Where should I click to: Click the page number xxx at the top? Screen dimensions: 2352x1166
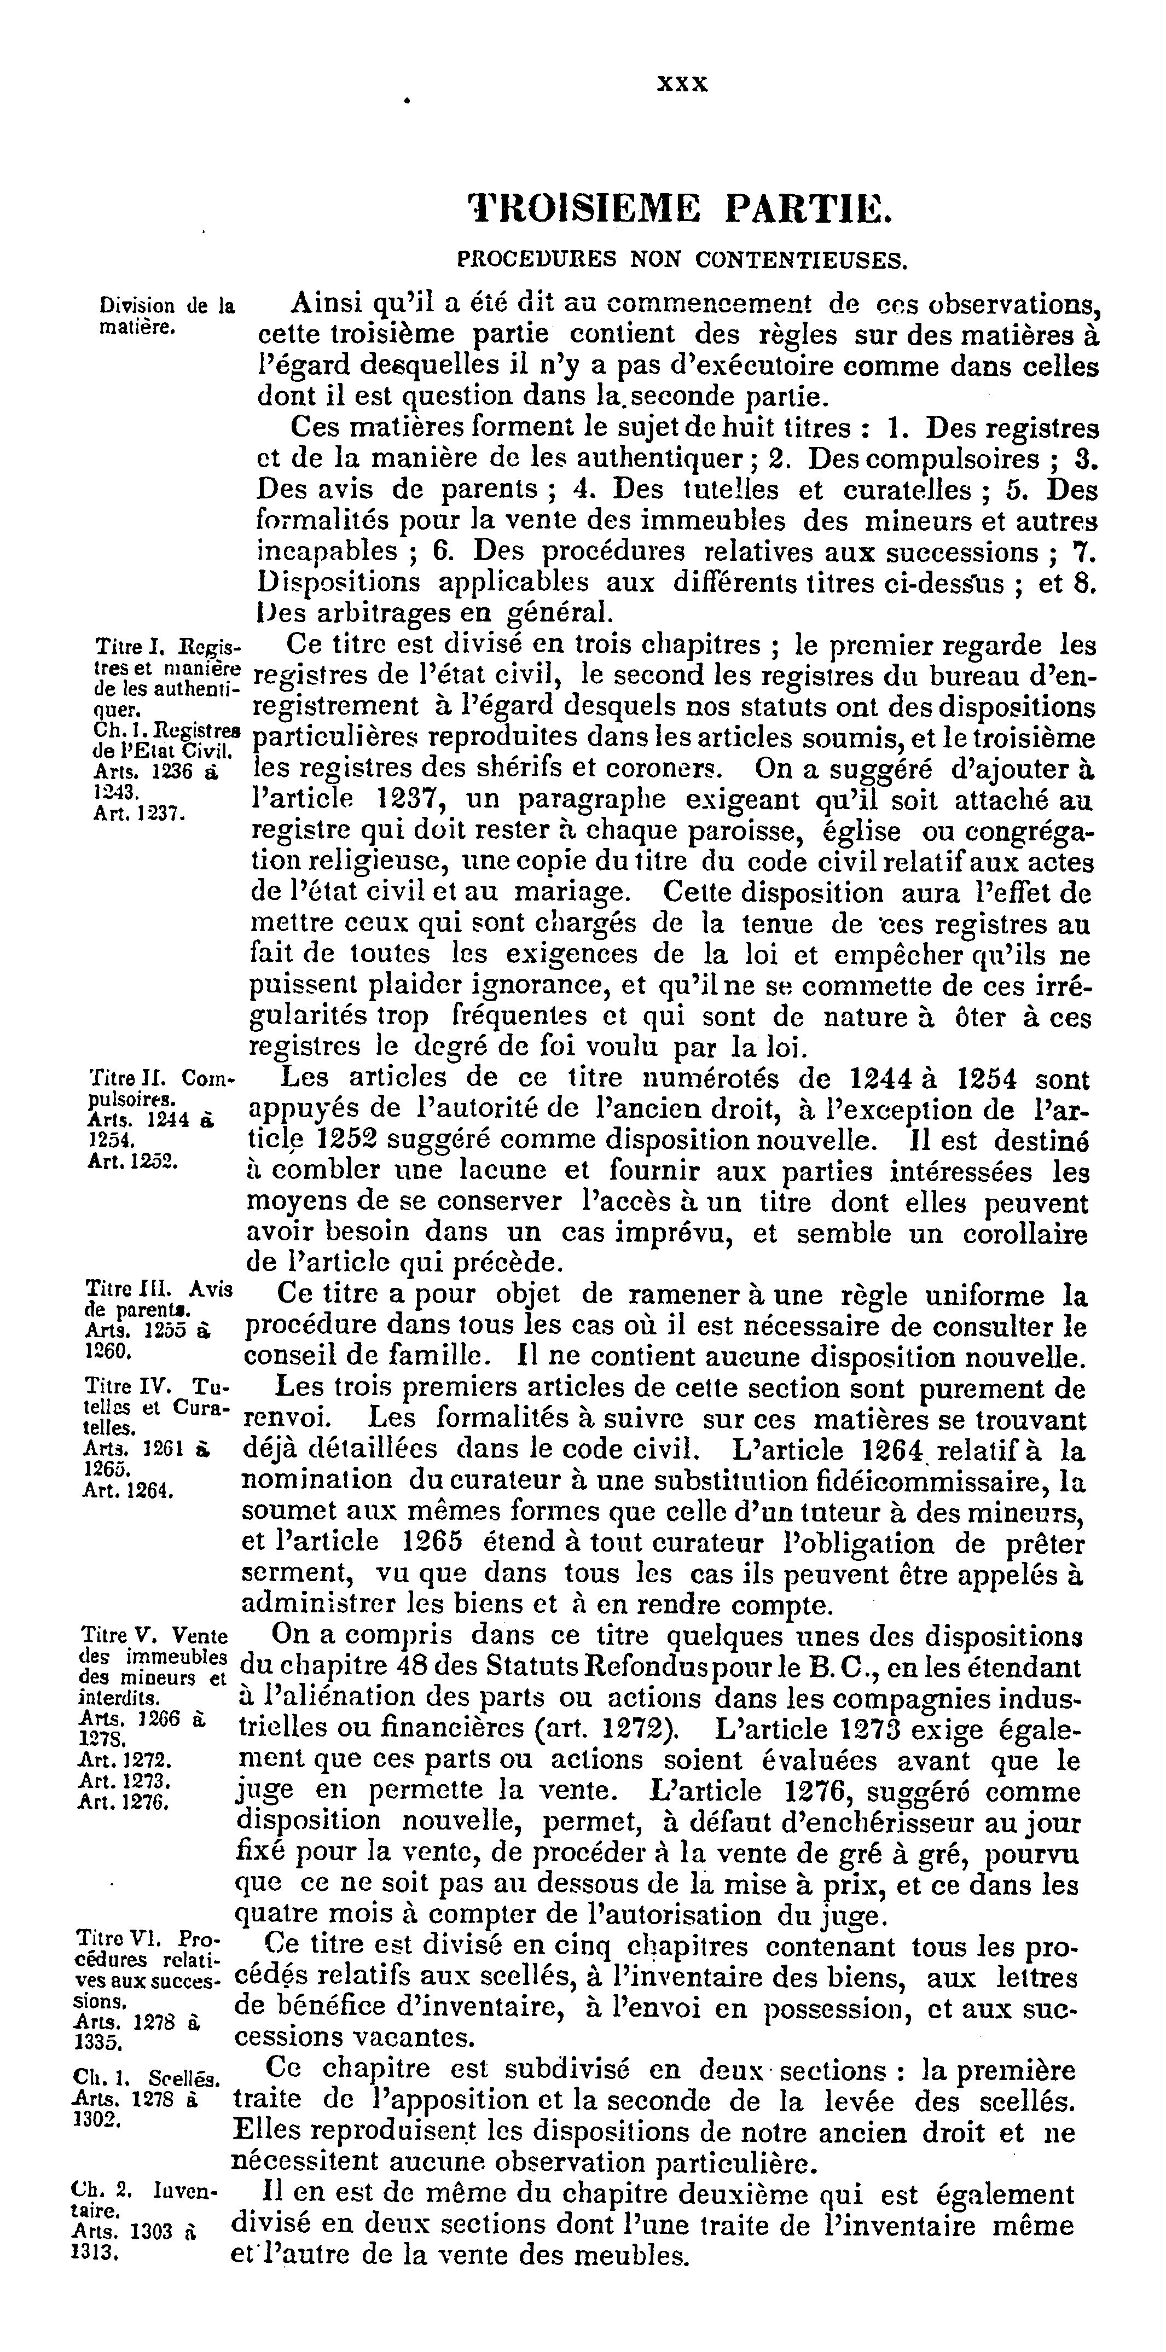pos(682,84)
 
